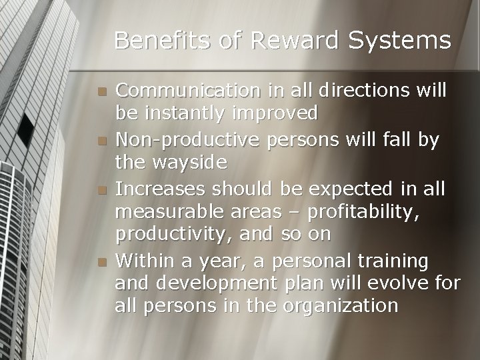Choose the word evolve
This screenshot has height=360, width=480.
pos(392,283)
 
